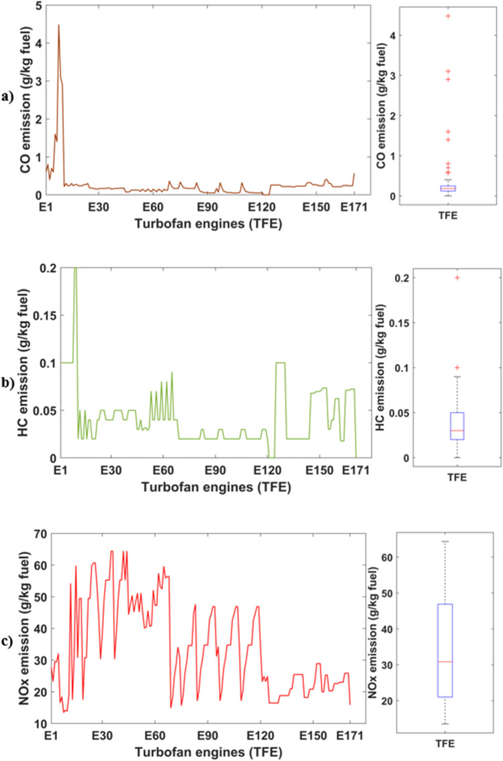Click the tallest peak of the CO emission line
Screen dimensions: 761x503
pyautogui.click(x=58, y=26)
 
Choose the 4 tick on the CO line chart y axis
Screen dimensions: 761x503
pyautogui.click(x=40, y=44)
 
